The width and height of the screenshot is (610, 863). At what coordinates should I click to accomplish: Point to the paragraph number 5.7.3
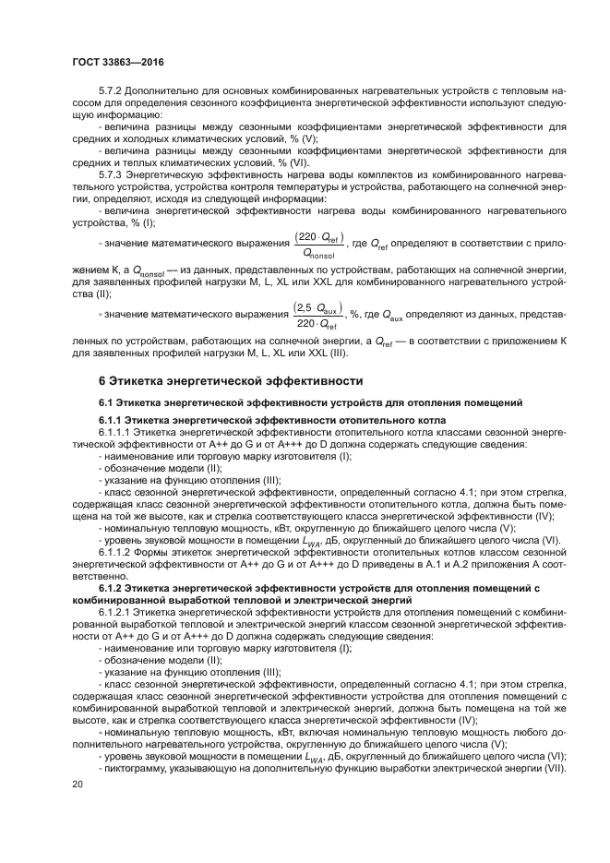[x=110, y=174]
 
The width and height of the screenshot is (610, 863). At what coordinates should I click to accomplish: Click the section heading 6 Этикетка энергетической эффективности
[x=232, y=380]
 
